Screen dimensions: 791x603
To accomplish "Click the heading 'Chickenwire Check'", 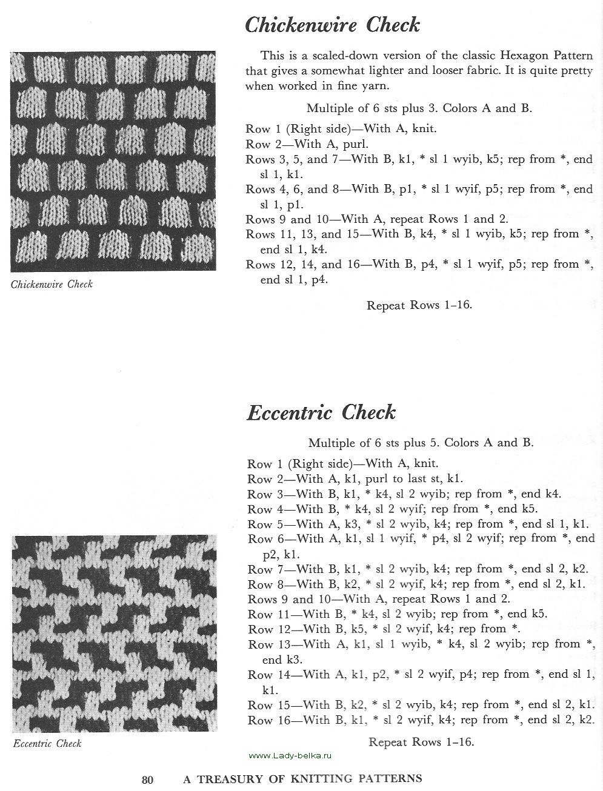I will (x=332, y=25).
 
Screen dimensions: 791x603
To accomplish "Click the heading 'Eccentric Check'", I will (x=321, y=412).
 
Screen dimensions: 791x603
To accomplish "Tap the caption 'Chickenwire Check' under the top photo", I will (x=52, y=284).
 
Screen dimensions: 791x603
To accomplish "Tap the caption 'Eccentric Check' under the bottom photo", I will (x=47, y=743).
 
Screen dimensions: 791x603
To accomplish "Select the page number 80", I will (x=148, y=779).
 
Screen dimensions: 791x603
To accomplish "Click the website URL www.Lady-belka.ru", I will (x=290, y=755).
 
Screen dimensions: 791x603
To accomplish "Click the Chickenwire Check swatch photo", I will (x=113, y=162).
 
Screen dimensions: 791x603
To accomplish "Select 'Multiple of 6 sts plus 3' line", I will (x=419, y=108).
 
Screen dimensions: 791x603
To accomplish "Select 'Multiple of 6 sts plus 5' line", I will (x=421, y=443).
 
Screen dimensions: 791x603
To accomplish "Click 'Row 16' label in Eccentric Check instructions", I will (x=269, y=720).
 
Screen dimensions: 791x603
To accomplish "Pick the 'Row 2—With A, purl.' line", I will (x=307, y=144).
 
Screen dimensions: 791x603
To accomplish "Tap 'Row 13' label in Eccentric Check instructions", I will (x=269, y=644).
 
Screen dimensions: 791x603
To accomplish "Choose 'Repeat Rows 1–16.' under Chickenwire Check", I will (x=419, y=305).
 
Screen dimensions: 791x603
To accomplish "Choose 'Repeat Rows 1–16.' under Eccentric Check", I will (x=421, y=742).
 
